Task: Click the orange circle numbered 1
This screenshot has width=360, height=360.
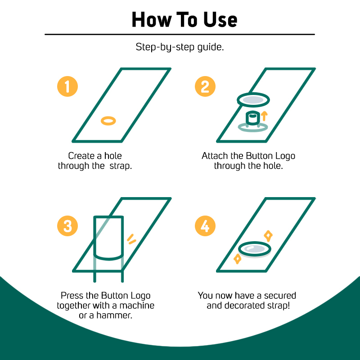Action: point(67,86)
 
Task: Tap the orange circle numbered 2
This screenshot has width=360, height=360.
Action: point(205,86)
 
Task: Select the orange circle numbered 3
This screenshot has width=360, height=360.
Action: point(67,226)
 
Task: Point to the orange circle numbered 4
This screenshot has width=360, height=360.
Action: point(205,226)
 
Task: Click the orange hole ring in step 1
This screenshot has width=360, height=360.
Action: point(102,121)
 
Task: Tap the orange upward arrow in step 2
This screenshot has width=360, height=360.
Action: point(264,116)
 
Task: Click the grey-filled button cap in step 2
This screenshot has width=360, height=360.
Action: point(253,100)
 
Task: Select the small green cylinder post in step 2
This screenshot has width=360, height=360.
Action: point(253,118)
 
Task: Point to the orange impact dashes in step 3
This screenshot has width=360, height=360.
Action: point(131,239)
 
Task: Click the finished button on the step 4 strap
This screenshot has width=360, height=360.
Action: point(255,249)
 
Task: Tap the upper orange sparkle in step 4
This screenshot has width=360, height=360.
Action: point(268,235)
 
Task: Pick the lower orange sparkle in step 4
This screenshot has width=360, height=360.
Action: point(238,259)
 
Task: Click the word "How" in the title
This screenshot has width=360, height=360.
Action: point(152,20)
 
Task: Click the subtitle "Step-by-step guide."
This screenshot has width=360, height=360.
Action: point(180,47)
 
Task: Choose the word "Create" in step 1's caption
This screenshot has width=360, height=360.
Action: point(81,156)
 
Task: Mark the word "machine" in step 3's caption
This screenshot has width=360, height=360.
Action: point(137,306)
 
